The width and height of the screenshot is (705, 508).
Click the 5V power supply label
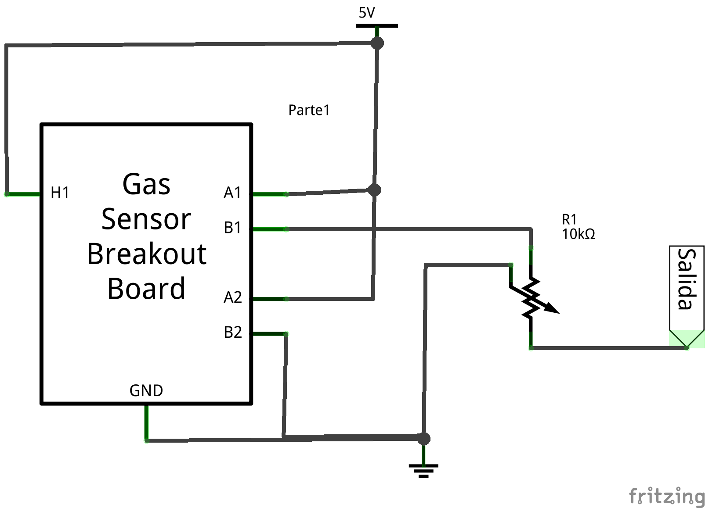tap(367, 13)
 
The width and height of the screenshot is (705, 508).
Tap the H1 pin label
tap(60, 193)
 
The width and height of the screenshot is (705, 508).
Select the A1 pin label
tap(232, 193)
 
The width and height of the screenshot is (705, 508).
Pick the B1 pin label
tap(232, 228)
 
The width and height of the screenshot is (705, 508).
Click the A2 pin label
tap(232, 297)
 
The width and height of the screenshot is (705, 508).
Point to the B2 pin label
tap(232, 332)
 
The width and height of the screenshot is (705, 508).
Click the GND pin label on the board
tap(146, 390)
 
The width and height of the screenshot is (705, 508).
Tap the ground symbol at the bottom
tap(423, 470)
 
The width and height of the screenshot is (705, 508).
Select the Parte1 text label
tap(309, 110)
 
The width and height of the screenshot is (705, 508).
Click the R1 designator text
tap(569, 219)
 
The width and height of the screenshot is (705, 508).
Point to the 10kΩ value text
tap(578, 234)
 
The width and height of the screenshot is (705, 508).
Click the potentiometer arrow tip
tap(557, 312)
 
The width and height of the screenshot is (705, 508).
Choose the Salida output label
tap(687, 279)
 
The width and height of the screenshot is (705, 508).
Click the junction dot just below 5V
tap(377, 43)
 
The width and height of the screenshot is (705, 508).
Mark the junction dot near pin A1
tap(374, 190)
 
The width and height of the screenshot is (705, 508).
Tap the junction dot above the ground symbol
tap(423, 438)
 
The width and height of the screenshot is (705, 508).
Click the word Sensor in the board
tap(146, 219)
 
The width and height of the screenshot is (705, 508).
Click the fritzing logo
tap(666, 496)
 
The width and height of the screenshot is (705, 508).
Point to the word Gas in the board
tap(146, 184)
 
